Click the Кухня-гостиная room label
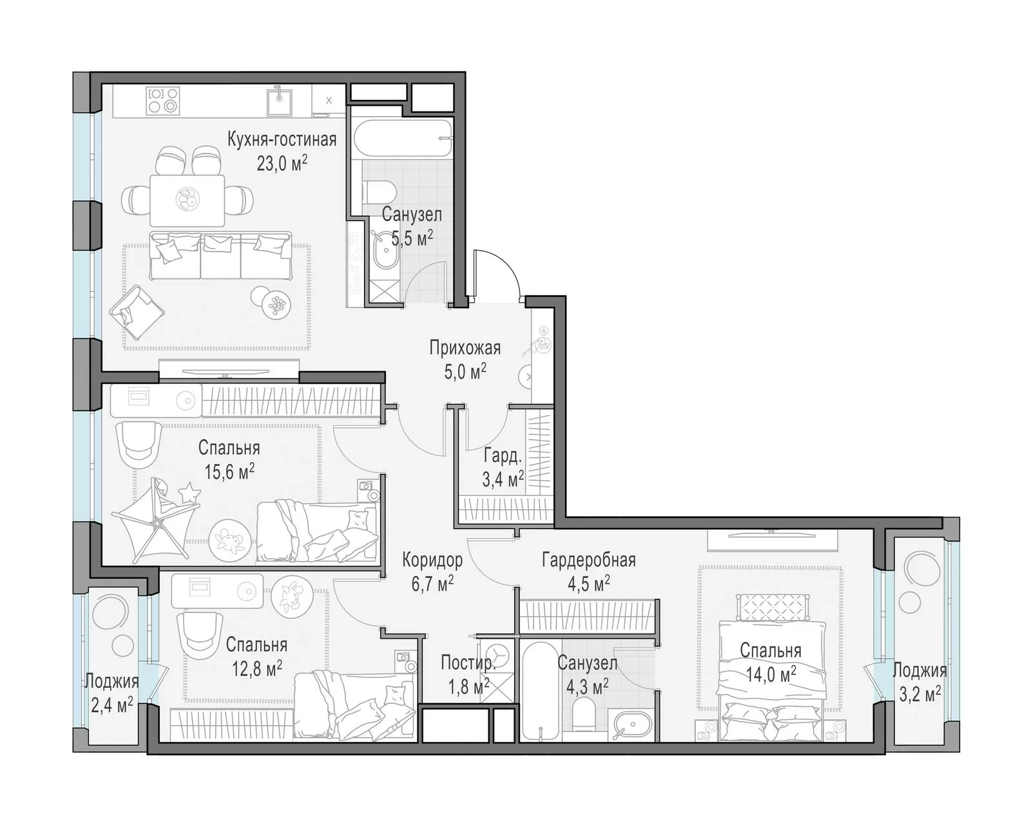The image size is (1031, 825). (282, 139)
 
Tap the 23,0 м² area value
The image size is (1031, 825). (282, 164)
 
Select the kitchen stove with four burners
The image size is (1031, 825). (163, 100)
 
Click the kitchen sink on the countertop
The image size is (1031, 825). (279, 101)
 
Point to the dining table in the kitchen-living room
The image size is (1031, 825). (188, 200)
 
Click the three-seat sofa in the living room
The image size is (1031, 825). (220, 256)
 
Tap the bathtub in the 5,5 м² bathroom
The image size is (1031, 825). (403, 138)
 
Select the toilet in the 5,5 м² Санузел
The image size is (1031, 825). (380, 193)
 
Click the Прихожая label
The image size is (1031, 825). (465, 347)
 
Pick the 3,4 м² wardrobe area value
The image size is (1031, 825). (503, 478)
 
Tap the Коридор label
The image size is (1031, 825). (432, 559)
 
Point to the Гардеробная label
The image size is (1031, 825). (589, 559)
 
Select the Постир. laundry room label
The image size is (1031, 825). (467, 663)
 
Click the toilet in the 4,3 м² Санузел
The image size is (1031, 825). (584, 714)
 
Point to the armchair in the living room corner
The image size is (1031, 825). (137, 312)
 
